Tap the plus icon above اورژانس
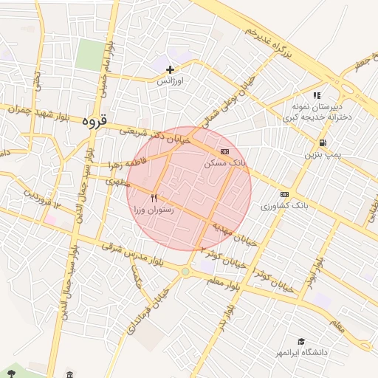(171, 69)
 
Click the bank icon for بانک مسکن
(224, 151)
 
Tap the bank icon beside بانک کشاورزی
(285, 195)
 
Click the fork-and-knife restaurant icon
(154, 198)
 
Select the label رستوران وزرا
(154, 209)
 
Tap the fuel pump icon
(323, 143)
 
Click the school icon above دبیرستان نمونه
(317, 95)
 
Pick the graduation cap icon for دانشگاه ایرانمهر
(300, 341)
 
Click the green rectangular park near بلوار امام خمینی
(90, 55)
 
